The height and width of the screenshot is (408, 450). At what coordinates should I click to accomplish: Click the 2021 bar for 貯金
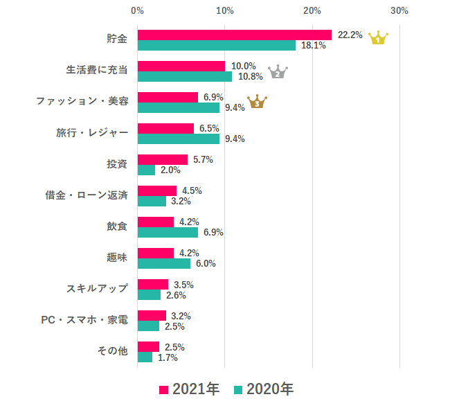pyautogui.click(x=235, y=35)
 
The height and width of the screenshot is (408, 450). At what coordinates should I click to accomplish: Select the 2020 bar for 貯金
pyautogui.click(x=217, y=46)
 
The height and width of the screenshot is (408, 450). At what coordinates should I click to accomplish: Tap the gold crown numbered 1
pyautogui.click(x=378, y=38)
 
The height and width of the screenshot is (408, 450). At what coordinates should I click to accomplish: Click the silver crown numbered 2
pyautogui.click(x=277, y=71)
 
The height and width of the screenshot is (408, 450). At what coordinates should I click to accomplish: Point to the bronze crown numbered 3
pyautogui.click(x=257, y=103)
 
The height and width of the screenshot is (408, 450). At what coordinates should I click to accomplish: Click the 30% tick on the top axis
pyautogui.click(x=399, y=11)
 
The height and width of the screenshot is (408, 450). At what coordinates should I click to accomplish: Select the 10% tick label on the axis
pyautogui.click(x=224, y=11)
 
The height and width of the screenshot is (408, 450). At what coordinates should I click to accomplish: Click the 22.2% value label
pyautogui.click(x=350, y=35)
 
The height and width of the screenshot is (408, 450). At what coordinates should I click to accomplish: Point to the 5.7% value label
pyautogui.click(x=202, y=159)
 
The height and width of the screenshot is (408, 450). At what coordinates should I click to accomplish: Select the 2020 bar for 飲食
pyautogui.click(x=168, y=233)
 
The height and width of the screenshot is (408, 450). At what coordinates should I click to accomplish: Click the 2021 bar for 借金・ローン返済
pyautogui.click(x=157, y=190)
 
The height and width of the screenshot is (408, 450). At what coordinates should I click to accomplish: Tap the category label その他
pyautogui.click(x=112, y=351)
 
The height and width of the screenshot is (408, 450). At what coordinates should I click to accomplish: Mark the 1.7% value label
pyautogui.click(x=168, y=357)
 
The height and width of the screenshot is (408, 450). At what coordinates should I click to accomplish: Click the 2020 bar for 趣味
pyautogui.click(x=164, y=264)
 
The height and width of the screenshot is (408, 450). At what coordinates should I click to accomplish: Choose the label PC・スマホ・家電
pyautogui.click(x=84, y=320)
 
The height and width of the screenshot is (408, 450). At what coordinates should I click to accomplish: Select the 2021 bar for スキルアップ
pyautogui.click(x=153, y=284)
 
